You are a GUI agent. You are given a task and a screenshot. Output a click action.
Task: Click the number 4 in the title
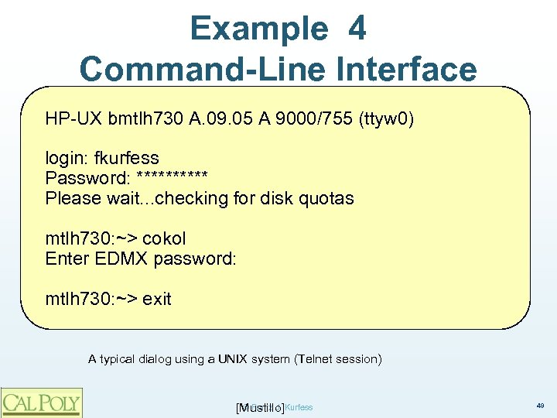[x=357, y=29]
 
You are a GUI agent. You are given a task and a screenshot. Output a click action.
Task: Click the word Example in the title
[x=259, y=29]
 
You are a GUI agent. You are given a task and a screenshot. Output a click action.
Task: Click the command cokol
[x=164, y=238]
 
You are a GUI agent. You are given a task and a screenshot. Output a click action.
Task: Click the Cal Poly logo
[x=40, y=402]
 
